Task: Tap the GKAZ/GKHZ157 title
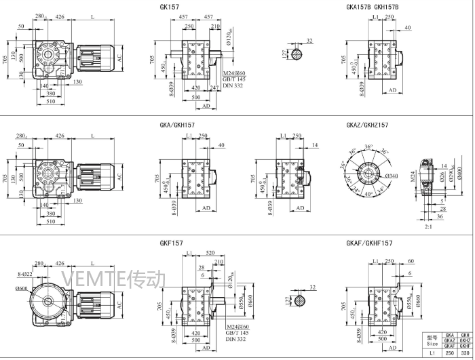click(x=367, y=125)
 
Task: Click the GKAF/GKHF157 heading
click(x=369, y=242)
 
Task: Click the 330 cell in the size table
click(x=465, y=354)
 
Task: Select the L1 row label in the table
click(x=432, y=354)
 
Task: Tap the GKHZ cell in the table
click(x=465, y=340)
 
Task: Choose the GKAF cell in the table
click(x=449, y=346)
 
